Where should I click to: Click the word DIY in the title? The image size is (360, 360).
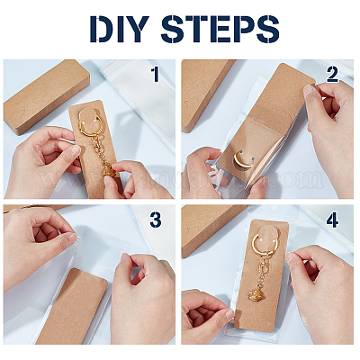click(x=119, y=29)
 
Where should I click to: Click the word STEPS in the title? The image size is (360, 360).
click(x=220, y=29)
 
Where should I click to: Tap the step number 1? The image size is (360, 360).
click(x=156, y=75)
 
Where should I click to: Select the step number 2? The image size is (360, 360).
click(x=332, y=75)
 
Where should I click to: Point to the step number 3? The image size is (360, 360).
click(x=156, y=220)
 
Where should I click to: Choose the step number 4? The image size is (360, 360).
click(x=332, y=220)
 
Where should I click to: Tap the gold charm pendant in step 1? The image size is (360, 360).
click(x=109, y=174)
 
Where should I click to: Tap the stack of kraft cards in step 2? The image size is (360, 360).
click(x=204, y=93)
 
